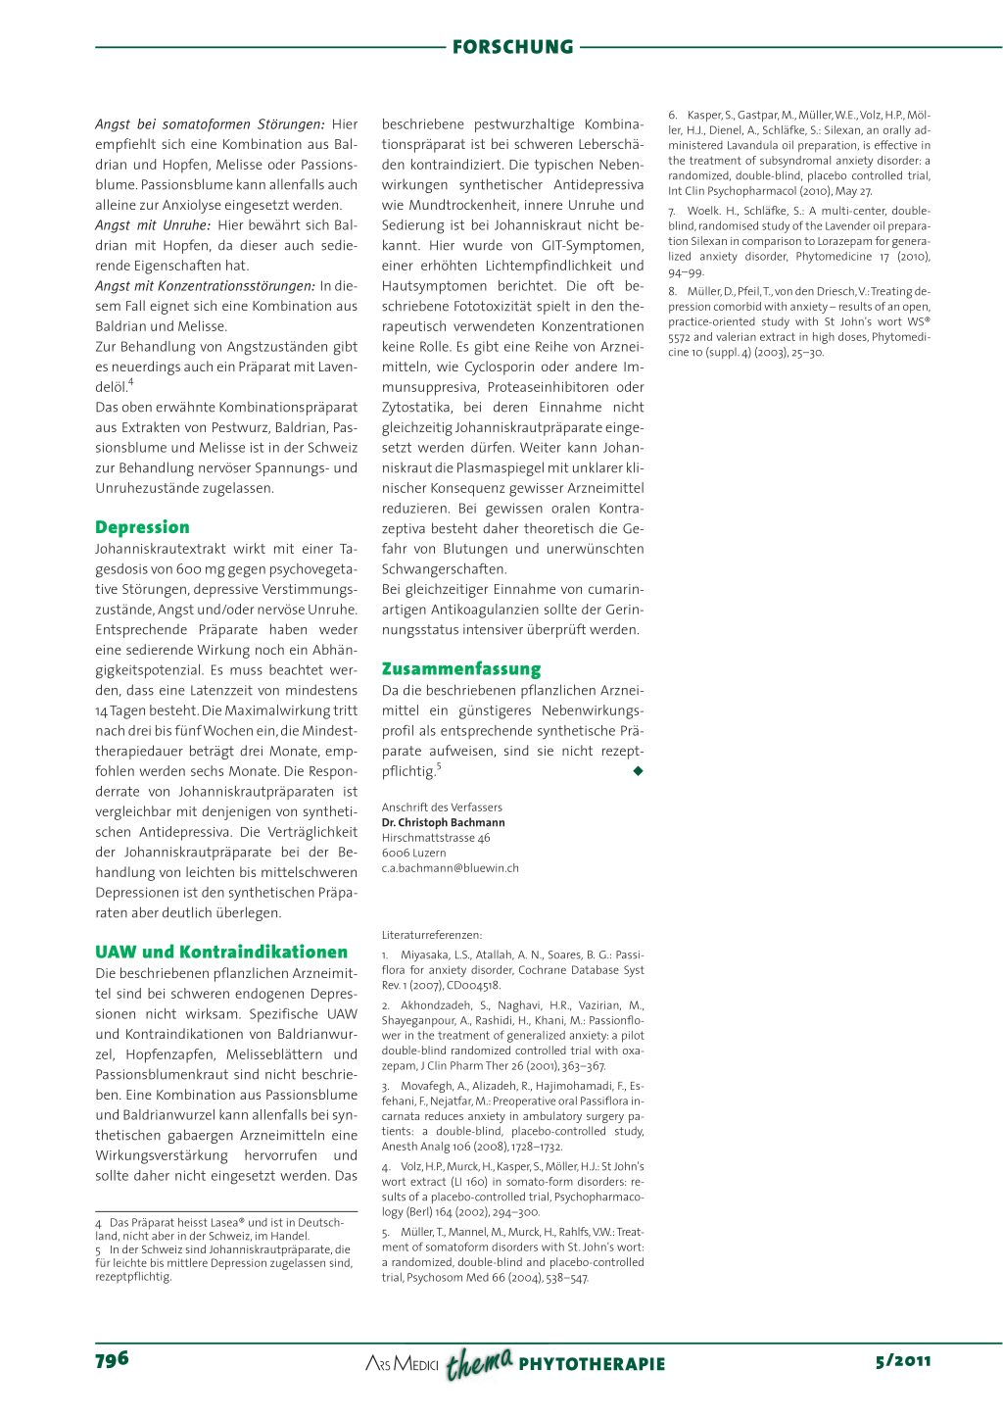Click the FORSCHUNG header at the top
point(512,47)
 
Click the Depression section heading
point(142,527)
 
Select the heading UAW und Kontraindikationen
point(220,952)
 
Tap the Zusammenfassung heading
point(460,669)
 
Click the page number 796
point(112,1359)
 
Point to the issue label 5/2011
point(903,1360)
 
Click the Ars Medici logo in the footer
point(402,1363)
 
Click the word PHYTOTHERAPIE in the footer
point(592,1364)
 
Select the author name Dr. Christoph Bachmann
point(443,823)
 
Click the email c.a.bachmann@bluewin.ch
point(450,868)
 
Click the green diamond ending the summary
point(639,771)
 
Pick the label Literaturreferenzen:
point(431,936)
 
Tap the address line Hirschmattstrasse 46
point(436,838)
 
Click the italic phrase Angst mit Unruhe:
point(153,225)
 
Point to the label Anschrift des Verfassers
point(442,807)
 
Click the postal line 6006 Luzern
point(413,854)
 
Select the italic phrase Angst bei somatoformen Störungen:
point(210,124)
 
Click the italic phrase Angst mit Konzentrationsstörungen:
point(204,286)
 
